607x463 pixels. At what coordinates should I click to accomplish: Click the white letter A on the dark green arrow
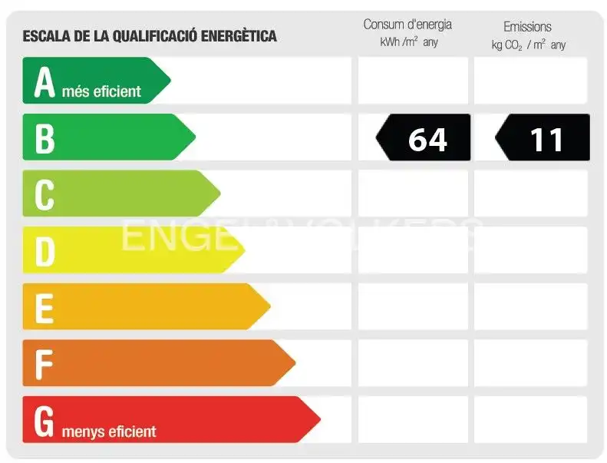[x=45, y=81]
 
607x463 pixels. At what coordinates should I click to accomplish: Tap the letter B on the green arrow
[x=45, y=139]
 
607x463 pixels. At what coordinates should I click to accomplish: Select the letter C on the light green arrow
[x=45, y=195]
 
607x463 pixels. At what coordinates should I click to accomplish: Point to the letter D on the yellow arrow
[x=45, y=252]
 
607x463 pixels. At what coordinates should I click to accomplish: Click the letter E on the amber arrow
[x=45, y=309]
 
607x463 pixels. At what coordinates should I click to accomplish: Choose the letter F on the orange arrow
[x=44, y=365]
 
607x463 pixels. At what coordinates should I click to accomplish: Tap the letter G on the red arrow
[x=44, y=422]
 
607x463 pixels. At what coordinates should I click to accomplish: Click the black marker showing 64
[x=423, y=137]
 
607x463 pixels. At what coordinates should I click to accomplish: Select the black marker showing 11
[x=543, y=137]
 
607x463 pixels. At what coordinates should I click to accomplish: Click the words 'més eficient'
[x=101, y=92]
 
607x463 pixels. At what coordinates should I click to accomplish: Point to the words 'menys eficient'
[x=109, y=432]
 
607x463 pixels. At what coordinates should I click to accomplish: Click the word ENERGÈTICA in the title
[x=239, y=36]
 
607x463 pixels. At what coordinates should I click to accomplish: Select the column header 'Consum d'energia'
[x=407, y=25]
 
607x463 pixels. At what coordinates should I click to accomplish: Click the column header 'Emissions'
[x=527, y=27]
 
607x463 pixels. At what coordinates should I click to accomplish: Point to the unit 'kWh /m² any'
[x=409, y=41]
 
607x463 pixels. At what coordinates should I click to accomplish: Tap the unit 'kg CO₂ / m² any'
[x=529, y=45]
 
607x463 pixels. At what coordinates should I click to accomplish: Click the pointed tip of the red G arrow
[x=321, y=419]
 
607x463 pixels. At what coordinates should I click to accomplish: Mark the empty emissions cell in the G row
[x=531, y=419]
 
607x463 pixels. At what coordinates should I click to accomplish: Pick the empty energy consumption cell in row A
[x=413, y=80]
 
